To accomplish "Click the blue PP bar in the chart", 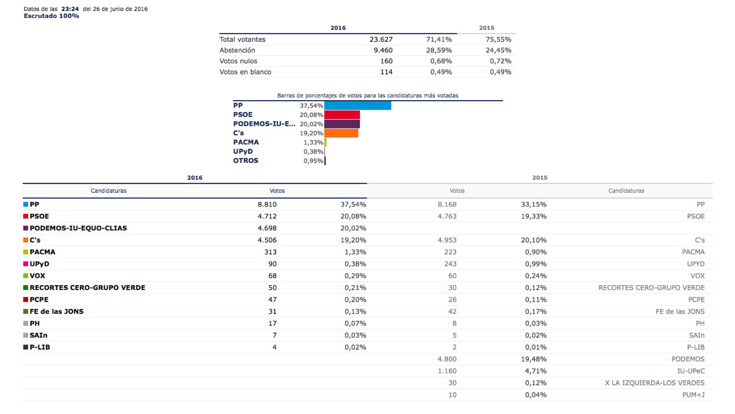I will point(358,105).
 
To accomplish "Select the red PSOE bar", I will point(342,115).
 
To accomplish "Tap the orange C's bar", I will point(341,133).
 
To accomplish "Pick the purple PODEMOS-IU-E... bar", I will point(342,124).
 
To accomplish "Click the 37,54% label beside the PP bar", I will point(311,106).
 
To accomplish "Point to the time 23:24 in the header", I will point(70,9).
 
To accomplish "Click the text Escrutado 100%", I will point(51,16).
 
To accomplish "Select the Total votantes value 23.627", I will point(381,39).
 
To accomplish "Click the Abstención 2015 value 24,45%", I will point(498,50).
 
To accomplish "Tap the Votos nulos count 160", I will point(386,61).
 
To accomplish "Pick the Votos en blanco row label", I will point(245,72).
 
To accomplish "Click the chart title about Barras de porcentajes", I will point(367,95).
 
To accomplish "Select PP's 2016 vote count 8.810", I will point(267,205).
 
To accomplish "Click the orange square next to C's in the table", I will point(26,240).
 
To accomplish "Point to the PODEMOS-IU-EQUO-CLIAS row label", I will point(78,228).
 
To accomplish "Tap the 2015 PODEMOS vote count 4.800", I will point(447,359).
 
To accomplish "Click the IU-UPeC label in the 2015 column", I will point(691,371).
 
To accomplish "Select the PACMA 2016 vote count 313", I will point(270,252).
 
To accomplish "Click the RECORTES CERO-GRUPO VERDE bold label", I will point(87,287).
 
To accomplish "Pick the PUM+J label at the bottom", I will point(693,395).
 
